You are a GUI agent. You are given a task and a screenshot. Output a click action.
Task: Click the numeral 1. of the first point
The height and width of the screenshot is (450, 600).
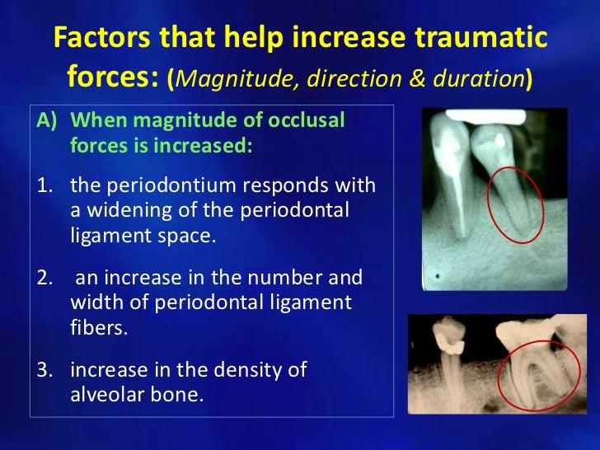[48, 185]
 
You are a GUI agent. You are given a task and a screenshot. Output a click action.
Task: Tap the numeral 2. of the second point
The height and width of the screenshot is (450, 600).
[48, 278]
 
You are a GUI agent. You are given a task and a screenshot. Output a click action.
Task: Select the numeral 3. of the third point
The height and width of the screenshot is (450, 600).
[48, 370]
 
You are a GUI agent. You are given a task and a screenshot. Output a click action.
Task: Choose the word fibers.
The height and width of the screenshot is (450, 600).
[98, 327]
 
